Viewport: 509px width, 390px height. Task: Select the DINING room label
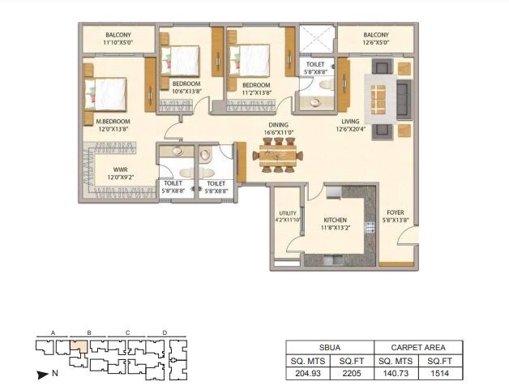pyautogui.click(x=279, y=125)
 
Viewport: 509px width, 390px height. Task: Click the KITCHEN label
pyautogui.click(x=336, y=220)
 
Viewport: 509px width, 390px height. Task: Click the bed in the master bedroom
pyautogui.click(x=107, y=92)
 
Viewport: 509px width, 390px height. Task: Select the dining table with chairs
pyautogui.click(x=279, y=154)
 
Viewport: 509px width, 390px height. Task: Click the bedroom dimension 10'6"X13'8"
pyautogui.click(x=186, y=92)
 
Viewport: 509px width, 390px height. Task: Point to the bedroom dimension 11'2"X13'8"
pyautogui.click(x=256, y=92)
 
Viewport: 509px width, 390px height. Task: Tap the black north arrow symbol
pyautogui.click(x=42, y=375)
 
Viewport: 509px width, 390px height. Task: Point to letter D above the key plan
pyautogui.click(x=164, y=332)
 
